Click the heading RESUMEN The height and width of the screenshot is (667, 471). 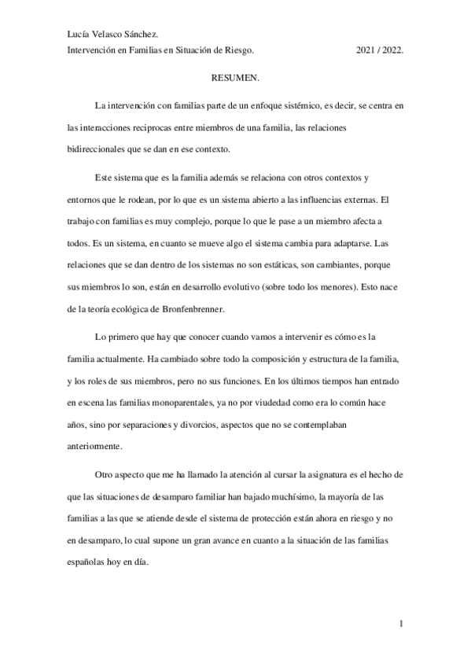click(x=236, y=79)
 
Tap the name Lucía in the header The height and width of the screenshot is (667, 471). click(x=80, y=33)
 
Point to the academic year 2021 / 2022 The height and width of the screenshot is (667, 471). click(x=380, y=49)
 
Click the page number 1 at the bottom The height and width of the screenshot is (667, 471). click(x=402, y=625)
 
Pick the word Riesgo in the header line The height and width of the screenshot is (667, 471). click(x=238, y=49)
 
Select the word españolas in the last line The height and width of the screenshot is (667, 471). click(x=90, y=564)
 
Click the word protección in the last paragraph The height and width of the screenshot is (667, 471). click(x=269, y=520)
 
